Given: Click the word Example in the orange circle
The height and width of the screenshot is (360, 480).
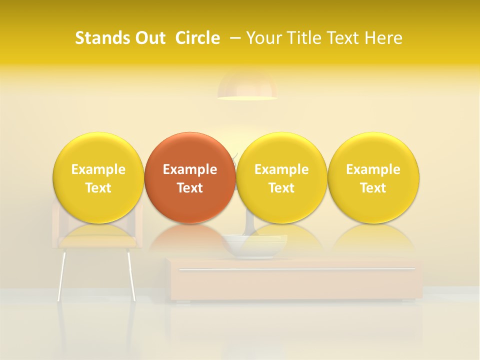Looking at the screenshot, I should point(190,169).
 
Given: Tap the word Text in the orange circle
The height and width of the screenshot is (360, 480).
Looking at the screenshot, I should point(190,188).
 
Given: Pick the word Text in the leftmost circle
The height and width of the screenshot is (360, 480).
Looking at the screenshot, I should point(98,188).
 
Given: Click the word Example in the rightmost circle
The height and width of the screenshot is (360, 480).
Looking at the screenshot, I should point(373,169).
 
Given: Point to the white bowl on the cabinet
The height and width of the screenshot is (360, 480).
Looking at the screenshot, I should point(254,245).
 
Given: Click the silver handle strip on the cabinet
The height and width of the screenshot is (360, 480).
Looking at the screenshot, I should point(297,269).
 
